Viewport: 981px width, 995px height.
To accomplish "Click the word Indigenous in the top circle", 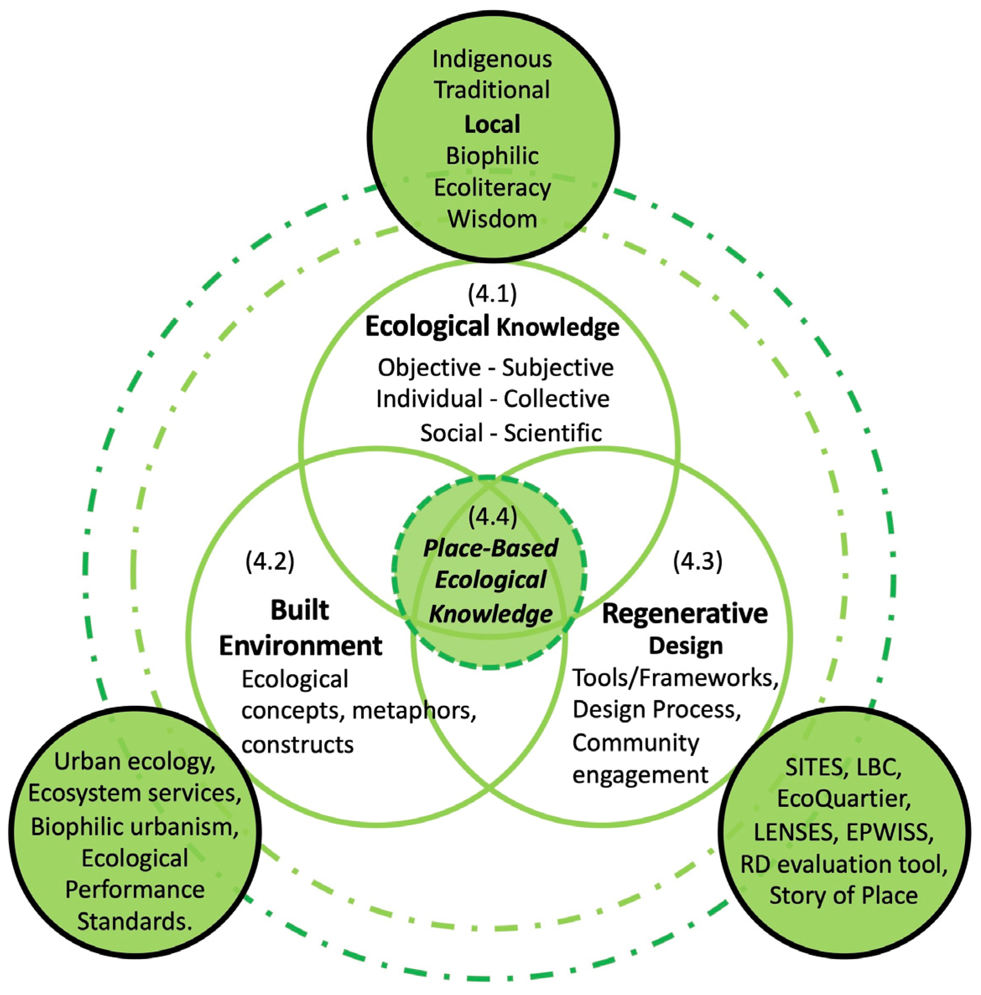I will (492, 59).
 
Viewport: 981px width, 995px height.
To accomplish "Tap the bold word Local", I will (492, 124).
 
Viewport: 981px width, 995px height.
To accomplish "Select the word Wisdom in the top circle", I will (492, 218).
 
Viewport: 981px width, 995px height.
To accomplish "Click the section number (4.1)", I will (492, 294).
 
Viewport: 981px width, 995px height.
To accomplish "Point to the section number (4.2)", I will (270, 561).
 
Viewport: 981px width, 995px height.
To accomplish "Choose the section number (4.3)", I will (698, 561).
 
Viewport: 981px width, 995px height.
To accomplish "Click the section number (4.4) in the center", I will (492, 516).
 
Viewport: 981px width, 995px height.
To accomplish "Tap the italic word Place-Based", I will (490, 548).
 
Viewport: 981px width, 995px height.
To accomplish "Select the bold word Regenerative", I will (685, 613).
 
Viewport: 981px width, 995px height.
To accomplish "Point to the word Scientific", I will (552, 433).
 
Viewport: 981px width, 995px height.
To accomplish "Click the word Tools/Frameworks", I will (675, 678).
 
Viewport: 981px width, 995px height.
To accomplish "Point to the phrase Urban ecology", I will (135, 761).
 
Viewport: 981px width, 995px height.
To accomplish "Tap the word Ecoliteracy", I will (492, 187).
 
